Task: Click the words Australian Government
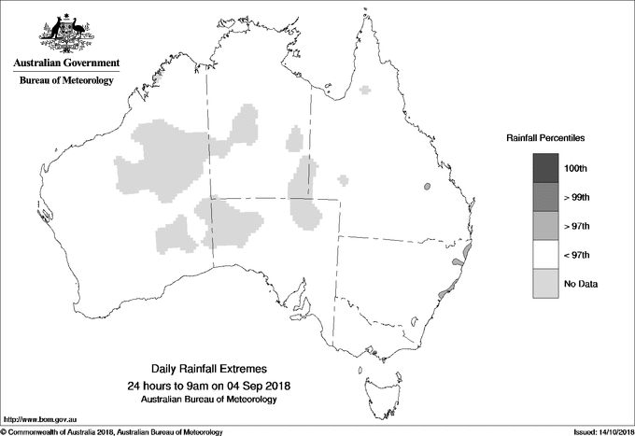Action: pos(66,63)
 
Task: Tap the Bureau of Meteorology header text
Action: pos(66,81)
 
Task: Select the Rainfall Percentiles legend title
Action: pos(545,137)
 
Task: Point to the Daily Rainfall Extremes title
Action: pos(215,370)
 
